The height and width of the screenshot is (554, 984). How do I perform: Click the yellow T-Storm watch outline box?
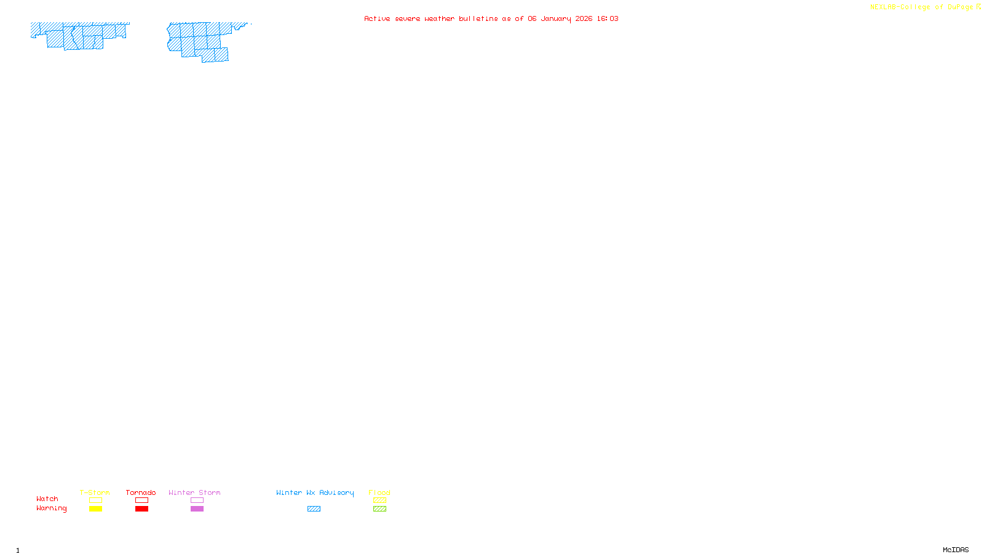[95, 500]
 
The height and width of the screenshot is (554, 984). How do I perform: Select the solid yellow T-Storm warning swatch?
[95, 509]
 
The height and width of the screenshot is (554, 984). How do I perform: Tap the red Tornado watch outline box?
[141, 500]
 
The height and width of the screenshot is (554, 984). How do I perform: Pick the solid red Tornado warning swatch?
[141, 509]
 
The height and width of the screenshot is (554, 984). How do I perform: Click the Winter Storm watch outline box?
[197, 500]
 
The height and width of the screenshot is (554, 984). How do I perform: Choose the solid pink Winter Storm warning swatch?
[197, 509]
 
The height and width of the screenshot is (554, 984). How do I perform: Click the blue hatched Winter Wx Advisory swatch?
[314, 509]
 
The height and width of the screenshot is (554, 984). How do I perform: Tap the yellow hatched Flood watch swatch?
[379, 500]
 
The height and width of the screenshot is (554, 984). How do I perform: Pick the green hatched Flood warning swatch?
[379, 509]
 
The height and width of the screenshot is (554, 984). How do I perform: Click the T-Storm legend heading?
[95, 492]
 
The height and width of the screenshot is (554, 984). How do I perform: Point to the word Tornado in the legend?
[141, 492]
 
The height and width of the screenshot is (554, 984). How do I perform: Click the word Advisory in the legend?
[336, 492]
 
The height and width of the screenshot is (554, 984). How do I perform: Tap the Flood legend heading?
[379, 492]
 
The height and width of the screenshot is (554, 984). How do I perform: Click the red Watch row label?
[47, 499]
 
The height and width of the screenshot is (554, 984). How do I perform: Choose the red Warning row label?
[51, 508]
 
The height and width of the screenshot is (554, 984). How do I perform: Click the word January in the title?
[556, 18]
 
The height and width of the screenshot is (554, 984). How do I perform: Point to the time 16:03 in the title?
[608, 18]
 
